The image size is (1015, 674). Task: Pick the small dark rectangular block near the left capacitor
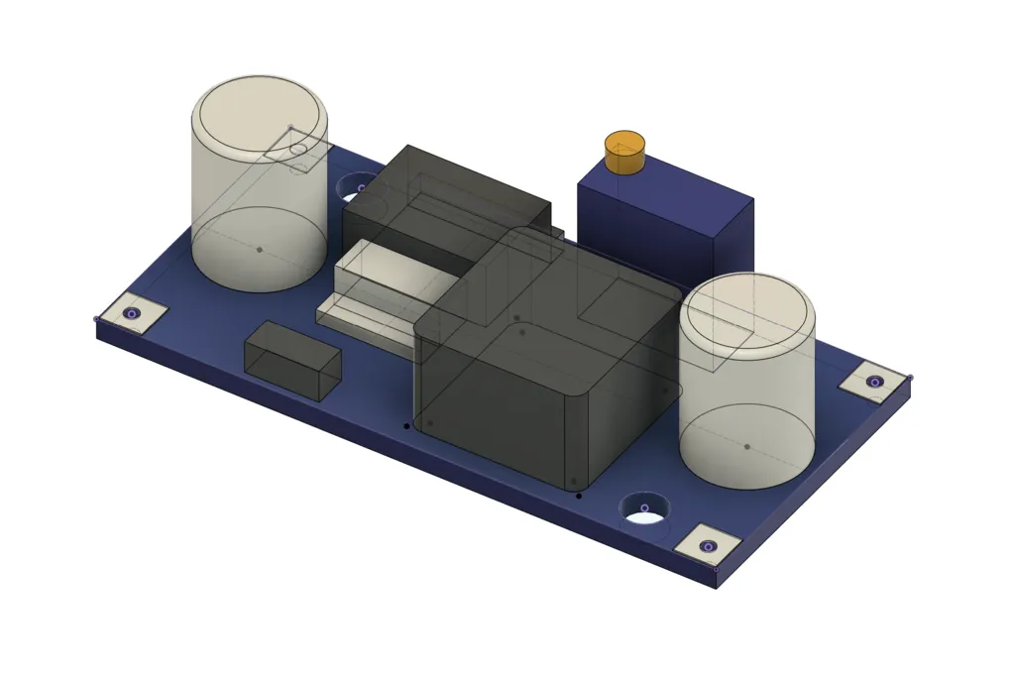click(292, 360)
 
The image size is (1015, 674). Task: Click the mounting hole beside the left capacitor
click(358, 186)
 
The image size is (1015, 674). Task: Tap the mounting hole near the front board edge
click(644, 509)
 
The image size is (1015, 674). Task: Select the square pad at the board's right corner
click(873, 382)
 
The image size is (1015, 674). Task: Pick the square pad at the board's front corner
click(708, 545)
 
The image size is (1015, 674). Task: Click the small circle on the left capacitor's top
click(298, 151)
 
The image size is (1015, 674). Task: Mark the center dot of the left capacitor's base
click(260, 249)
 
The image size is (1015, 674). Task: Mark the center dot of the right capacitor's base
click(747, 446)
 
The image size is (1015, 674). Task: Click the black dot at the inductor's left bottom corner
click(406, 426)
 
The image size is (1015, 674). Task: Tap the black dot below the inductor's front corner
click(580, 495)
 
